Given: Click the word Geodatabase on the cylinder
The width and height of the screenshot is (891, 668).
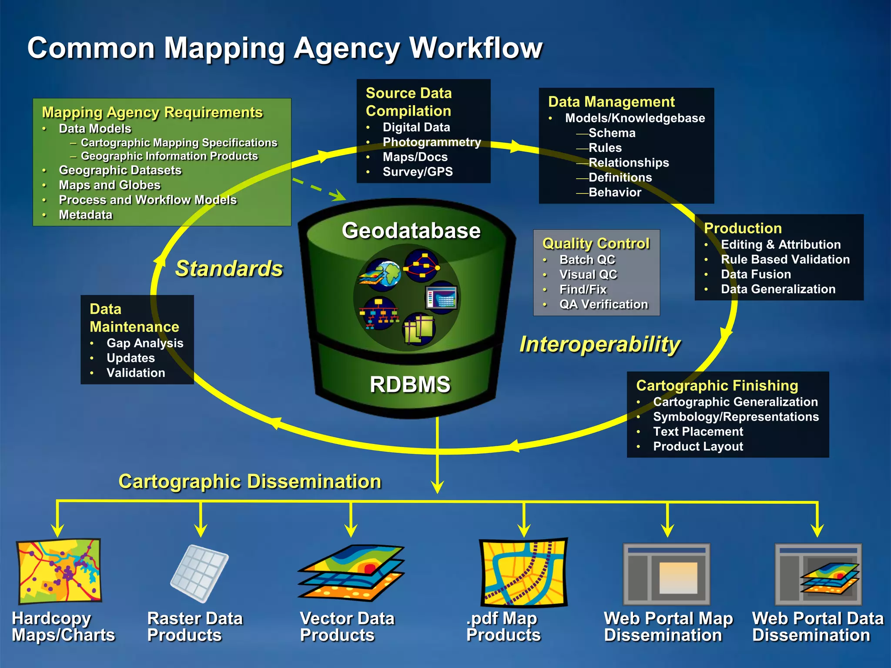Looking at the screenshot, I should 411,230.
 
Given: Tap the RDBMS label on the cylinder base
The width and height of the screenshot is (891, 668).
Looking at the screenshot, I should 410,384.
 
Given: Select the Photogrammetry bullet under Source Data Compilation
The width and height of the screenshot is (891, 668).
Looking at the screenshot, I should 432,142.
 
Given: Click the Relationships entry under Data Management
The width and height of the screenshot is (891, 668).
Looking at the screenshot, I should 628,163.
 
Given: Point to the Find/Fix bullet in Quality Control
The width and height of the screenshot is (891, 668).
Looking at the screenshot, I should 583,289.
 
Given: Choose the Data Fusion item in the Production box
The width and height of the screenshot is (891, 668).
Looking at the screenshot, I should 756,274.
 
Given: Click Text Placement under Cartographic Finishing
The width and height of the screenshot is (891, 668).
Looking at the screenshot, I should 698,431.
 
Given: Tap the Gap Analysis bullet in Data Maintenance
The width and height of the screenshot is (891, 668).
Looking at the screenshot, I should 145,343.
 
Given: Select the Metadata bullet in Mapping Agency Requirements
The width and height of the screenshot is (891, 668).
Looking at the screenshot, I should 86,215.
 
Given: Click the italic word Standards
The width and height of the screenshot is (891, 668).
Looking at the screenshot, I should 229,268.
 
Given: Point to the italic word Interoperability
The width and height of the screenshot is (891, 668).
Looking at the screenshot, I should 600,344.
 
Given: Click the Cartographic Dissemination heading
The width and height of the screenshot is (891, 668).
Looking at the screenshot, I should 250,481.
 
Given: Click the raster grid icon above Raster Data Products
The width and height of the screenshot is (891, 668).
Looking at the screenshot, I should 199,573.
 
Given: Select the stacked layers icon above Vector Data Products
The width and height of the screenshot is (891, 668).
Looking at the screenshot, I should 351,572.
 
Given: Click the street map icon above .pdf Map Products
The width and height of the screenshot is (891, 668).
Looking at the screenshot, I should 523,572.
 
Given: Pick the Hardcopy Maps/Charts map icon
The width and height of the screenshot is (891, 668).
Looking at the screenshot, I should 59,571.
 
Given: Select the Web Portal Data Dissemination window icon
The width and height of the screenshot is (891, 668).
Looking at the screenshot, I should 818,574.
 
